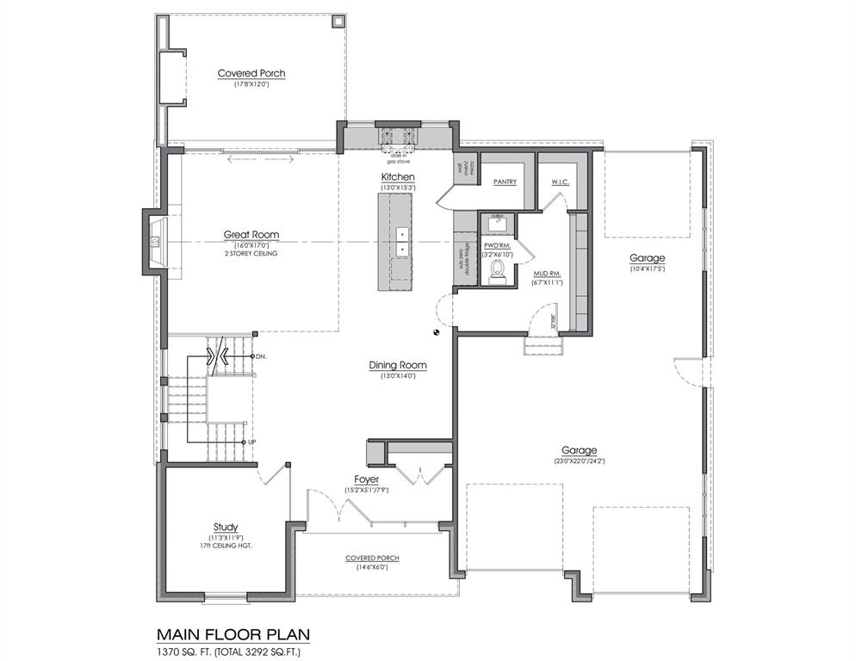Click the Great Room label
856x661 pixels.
251,234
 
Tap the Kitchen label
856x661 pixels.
399,176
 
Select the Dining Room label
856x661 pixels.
398,365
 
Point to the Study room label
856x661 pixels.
226,527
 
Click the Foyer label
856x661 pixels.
367,479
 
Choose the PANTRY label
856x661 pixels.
505,182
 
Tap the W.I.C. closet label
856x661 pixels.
561,182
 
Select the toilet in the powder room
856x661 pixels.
496,272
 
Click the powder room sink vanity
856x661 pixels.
497,224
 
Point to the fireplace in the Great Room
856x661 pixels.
156,242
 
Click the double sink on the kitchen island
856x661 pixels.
401,242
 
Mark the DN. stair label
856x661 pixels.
261,355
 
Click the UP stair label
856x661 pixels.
251,442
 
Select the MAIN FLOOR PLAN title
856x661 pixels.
233,634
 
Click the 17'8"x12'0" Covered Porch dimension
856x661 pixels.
251,84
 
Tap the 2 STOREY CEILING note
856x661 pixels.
251,253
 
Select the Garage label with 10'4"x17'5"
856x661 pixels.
647,258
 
